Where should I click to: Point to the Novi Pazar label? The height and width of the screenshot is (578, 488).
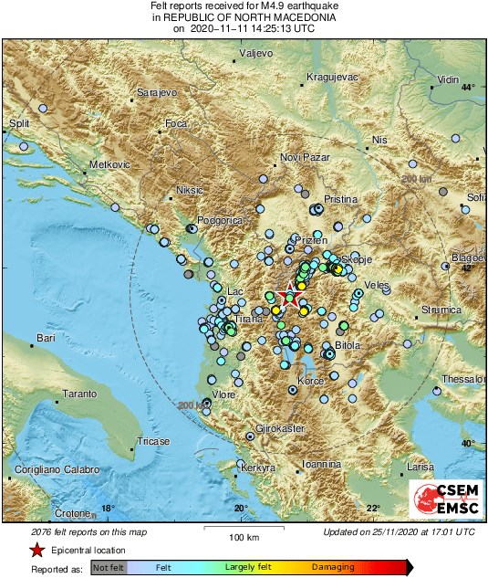click(x=303, y=157)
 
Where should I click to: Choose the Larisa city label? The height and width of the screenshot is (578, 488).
click(x=420, y=467)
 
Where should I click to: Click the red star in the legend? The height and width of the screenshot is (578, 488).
click(x=36, y=550)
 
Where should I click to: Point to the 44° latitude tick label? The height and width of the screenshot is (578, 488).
click(x=468, y=88)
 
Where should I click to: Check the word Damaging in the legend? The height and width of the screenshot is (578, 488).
click(x=334, y=566)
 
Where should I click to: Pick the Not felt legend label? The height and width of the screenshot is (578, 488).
click(x=109, y=566)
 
